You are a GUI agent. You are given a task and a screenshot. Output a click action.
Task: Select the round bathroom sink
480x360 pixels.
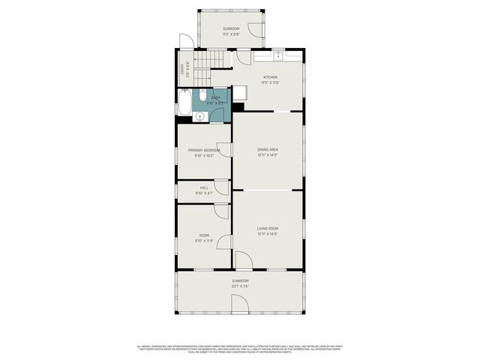(x=200, y=115)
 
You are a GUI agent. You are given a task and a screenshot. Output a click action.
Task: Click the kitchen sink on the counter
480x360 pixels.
(x=277, y=56)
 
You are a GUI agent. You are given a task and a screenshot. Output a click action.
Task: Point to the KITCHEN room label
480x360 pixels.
(x=270, y=77)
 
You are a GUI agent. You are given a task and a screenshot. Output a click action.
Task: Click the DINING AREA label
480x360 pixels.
(x=268, y=149)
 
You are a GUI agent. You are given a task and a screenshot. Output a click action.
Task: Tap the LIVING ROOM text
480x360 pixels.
(x=268, y=228)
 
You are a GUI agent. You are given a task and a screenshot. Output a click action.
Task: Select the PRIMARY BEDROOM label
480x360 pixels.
(x=204, y=150)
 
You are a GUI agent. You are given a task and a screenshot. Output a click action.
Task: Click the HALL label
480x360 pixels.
(x=204, y=187)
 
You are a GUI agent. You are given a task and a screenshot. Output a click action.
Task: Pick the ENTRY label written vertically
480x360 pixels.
(x=182, y=69)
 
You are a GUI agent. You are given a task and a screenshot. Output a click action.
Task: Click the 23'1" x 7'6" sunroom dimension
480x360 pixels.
(x=240, y=286)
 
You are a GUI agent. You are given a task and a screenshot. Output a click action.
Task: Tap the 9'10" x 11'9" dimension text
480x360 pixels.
(x=204, y=241)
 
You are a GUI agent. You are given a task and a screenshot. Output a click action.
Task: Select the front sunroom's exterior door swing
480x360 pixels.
(x=240, y=304)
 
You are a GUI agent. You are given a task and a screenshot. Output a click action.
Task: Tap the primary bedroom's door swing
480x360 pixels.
(x=224, y=149)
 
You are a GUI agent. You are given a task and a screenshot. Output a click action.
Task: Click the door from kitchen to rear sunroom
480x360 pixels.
(x=244, y=57)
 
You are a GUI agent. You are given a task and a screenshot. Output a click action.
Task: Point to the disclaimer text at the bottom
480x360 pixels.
(x=240, y=348)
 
